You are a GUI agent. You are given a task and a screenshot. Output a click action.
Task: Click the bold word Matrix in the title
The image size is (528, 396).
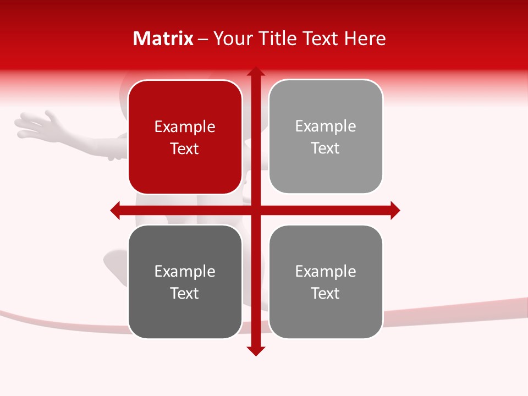tap(163, 38)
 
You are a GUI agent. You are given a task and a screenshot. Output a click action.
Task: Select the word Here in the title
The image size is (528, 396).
tap(365, 38)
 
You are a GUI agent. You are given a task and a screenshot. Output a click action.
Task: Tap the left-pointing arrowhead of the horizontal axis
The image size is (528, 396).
tap(116, 210)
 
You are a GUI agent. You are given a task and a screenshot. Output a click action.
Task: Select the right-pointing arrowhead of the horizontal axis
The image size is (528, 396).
tap(394, 210)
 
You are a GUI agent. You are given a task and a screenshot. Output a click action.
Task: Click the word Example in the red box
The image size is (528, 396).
tap(185, 127)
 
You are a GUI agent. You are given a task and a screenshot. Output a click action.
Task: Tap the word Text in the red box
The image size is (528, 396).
tap(185, 148)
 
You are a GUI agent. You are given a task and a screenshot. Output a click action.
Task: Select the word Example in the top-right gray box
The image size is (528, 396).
tap(326, 127)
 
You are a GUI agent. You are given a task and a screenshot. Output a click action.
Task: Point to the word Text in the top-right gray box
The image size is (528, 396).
tap(326, 148)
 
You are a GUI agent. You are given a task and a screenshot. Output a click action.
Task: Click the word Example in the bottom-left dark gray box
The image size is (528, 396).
tap(185, 271)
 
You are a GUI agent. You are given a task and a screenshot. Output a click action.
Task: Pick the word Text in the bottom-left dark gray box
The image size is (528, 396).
tap(185, 293)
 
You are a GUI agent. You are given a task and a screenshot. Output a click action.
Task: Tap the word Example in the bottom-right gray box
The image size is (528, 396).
tap(326, 271)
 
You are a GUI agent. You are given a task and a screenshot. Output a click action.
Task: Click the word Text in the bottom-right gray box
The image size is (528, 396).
tap(326, 293)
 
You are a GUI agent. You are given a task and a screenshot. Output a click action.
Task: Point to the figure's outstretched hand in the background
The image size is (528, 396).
tap(38, 125)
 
